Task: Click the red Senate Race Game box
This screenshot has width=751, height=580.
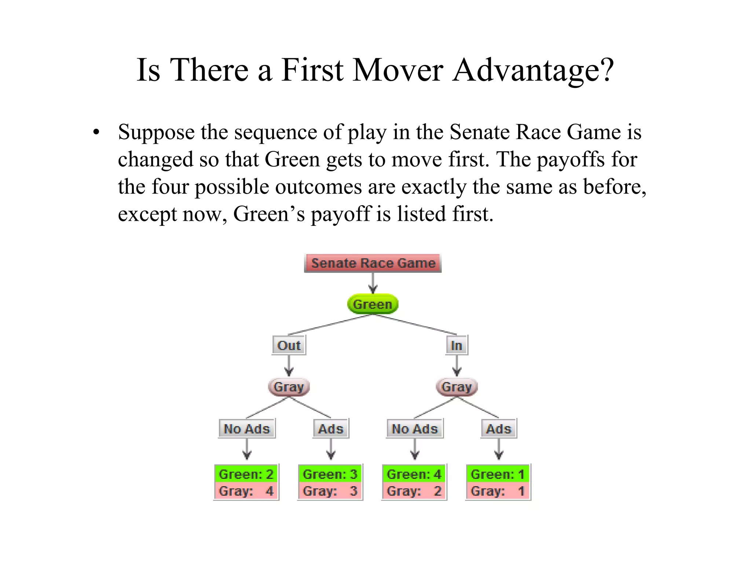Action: point(373,263)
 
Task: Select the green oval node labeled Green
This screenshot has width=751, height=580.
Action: point(373,304)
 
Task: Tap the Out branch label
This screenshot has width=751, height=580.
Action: point(289,345)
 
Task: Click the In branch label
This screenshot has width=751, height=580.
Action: point(457,345)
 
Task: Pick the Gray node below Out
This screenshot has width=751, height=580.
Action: point(289,387)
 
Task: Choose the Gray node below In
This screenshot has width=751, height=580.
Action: point(457,387)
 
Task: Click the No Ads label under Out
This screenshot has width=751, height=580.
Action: point(247,429)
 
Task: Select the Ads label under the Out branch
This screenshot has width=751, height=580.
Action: point(331,429)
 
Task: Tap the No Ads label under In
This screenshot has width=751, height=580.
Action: point(415,429)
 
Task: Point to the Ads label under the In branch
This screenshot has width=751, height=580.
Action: point(499,429)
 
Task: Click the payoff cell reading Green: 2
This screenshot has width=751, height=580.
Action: point(246,474)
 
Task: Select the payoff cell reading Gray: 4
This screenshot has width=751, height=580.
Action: point(246,491)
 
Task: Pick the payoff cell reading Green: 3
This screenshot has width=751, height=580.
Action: point(330,474)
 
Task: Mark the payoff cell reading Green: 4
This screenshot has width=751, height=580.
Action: point(414,474)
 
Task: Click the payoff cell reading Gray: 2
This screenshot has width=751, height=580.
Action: point(414,491)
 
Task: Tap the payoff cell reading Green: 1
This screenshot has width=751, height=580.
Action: point(498,474)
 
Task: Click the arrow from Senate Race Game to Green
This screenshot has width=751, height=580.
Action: point(373,283)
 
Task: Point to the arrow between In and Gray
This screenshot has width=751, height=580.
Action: point(457,366)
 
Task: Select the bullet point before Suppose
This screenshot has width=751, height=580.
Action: point(96,132)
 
